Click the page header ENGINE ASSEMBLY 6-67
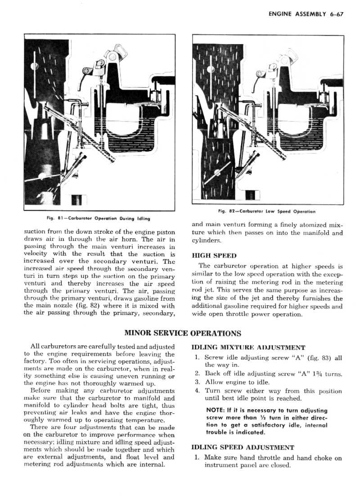tap(306, 14)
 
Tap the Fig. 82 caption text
tap(267, 211)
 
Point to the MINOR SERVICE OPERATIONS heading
tap(183, 333)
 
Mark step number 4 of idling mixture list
tap(198, 391)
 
